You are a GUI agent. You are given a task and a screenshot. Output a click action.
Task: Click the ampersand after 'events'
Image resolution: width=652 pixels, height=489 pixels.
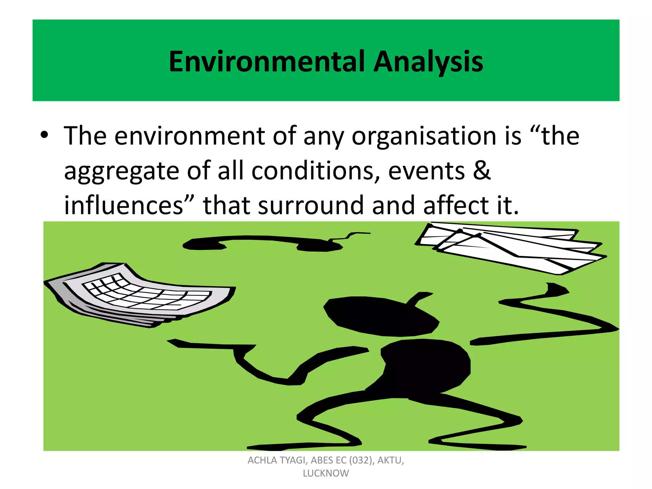point(481,170)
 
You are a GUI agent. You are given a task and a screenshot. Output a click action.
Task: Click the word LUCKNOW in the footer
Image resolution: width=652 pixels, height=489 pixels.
point(326,473)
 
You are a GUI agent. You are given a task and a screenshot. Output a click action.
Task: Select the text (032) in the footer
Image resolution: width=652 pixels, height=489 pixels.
point(362,460)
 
